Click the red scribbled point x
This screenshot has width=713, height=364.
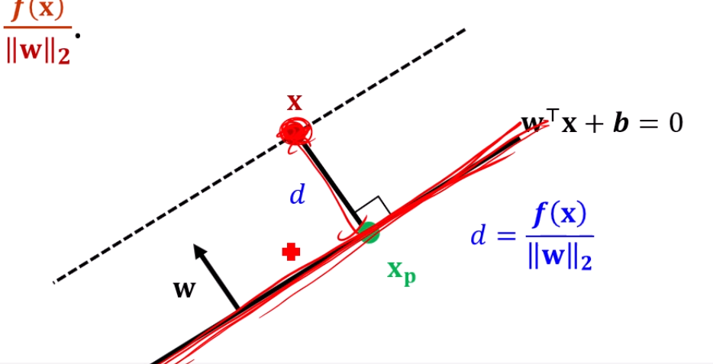coord(295,131)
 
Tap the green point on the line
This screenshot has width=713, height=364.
coord(369,232)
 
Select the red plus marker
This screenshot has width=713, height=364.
coord(290,252)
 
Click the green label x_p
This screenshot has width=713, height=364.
coord(401,271)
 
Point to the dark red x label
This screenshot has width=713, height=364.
coord(295,102)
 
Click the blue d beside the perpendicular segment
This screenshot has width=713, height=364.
coord(297,195)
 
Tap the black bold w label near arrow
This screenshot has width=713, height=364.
coord(183,289)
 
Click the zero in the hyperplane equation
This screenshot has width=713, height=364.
coord(675,123)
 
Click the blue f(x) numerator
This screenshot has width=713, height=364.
coord(560,215)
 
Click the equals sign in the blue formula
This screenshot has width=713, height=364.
coord(506,236)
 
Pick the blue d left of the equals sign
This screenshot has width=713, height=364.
coord(478,236)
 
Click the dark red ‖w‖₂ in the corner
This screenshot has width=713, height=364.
coord(37,53)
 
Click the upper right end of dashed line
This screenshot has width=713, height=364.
coord(463,31)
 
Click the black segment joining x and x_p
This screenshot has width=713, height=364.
coord(330,178)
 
